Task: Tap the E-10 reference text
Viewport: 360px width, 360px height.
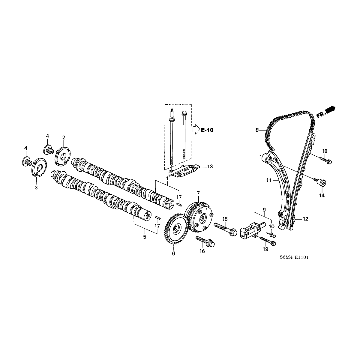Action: pyautogui.click(x=207, y=130)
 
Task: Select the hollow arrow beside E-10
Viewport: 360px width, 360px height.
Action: pyautogui.click(x=196, y=129)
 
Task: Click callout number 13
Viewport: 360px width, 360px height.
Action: pyautogui.click(x=210, y=166)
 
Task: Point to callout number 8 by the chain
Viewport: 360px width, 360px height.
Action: pyautogui.click(x=257, y=130)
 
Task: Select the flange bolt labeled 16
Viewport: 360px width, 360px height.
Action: pyautogui.click(x=205, y=241)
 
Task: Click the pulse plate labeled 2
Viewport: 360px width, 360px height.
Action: pyautogui.click(x=63, y=156)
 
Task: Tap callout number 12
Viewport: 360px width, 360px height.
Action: pyautogui.click(x=305, y=219)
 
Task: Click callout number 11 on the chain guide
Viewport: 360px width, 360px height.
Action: pyautogui.click(x=268, y=180)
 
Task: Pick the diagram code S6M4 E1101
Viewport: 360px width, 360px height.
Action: pyautogui.click(x=294, y=257)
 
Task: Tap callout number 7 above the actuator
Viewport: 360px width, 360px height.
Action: pyautogui.click(x=198, y=193)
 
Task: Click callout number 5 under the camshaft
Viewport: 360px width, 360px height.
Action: pyautogui.click(x=145, y=237)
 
